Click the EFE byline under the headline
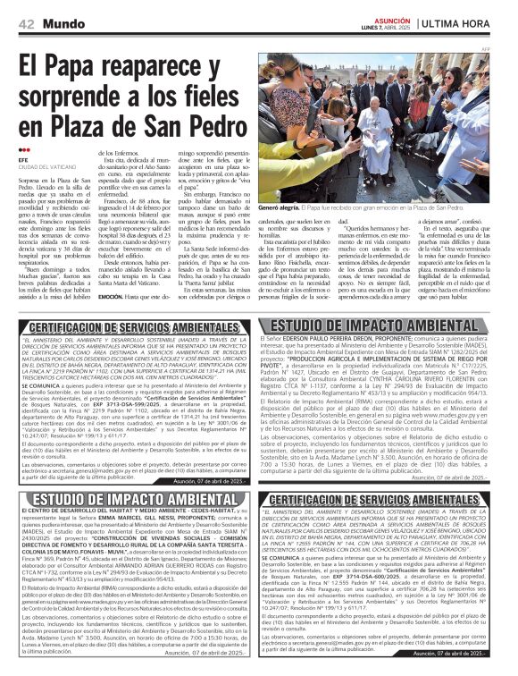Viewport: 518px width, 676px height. pyautogui.click(x=23, y=160)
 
